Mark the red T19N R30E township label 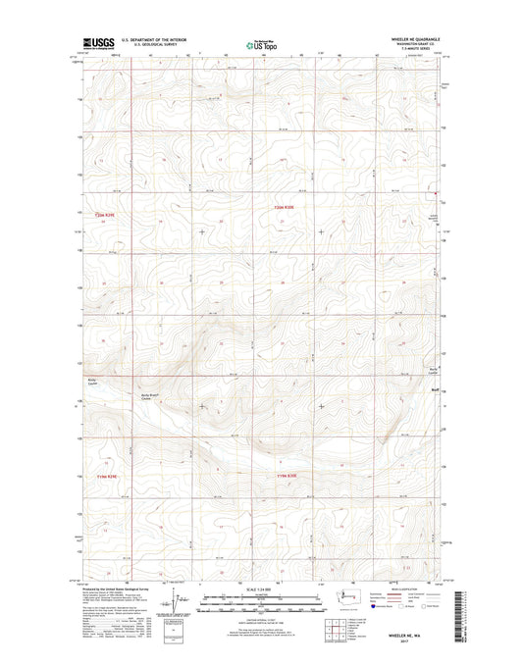[x=285, y=476]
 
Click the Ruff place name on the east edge [x=433, y=388]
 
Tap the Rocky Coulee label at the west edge [x=93, y=379]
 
